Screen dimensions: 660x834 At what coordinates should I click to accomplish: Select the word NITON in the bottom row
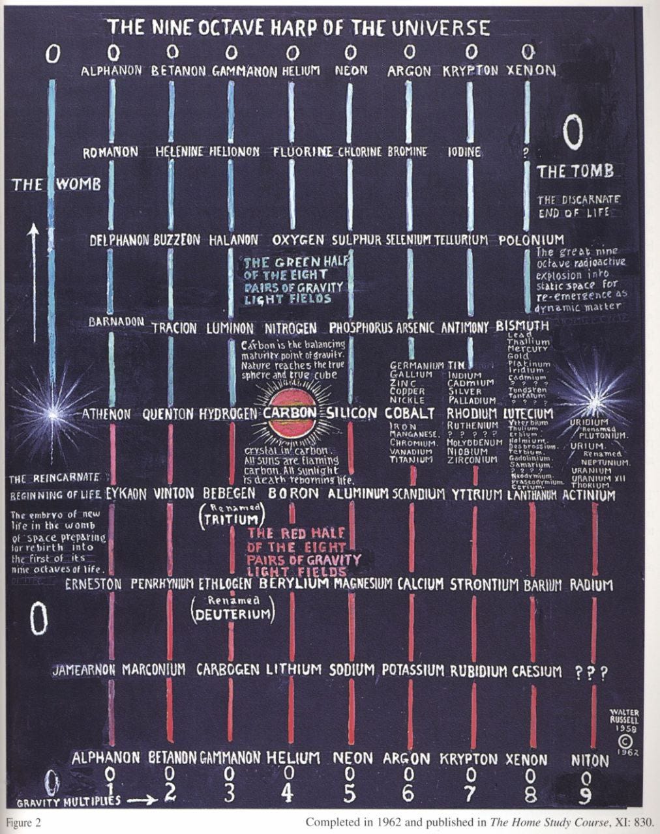coord(590,760)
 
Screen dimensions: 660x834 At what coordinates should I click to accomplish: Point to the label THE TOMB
coord(575,171)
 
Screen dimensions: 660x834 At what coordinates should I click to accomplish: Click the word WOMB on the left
coord(78,184)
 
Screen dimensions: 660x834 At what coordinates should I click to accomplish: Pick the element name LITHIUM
coord(293,670)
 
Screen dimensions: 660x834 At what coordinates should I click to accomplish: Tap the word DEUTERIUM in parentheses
coord(233,614)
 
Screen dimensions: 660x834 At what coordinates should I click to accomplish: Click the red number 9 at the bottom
coord(586,795)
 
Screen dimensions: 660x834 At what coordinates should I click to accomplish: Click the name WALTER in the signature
coord(625,712)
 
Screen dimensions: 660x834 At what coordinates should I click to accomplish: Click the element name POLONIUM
coord(531,240)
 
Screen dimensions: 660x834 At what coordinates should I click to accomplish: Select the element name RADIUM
coord(592,585)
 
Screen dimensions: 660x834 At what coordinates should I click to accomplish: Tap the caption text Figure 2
coord(23,822)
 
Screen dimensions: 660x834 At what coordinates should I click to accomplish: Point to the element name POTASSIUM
coord(413,670)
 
